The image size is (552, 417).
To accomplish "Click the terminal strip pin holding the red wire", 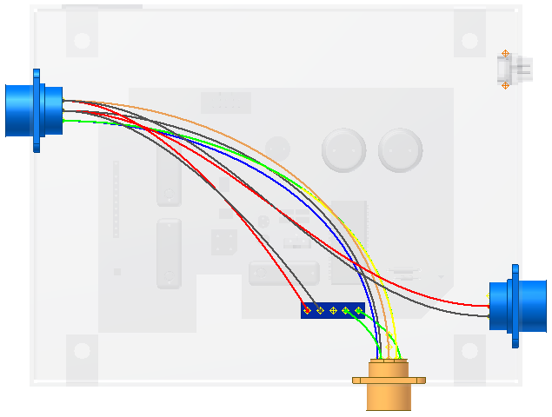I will (x=308, y=310).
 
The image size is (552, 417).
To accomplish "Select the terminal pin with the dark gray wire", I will (x=320, y=310).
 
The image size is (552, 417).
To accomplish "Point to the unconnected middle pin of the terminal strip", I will (x=333, y=310).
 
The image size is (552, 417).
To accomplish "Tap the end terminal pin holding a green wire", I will (x=359, y=310).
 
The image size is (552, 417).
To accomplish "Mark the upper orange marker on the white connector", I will (x=505, y=54).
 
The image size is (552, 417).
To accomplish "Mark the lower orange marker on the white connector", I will (x=505, y=85).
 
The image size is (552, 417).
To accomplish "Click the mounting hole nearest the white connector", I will (x=469, y=40).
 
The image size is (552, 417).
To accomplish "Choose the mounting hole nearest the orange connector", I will (x=469, y=352).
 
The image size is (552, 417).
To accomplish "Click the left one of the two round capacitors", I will (x=341, y=149).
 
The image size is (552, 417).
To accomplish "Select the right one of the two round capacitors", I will (x=399, y=149).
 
